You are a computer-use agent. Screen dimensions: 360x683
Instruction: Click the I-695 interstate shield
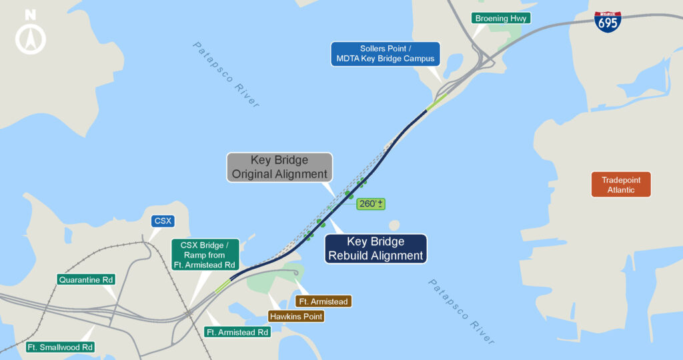pyautogui.click(x=608, y=21)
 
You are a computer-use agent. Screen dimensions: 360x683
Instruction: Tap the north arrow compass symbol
pyautogui.click(x=30, y=39)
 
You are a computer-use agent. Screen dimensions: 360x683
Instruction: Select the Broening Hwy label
pyautogui.click(x=501, y=18)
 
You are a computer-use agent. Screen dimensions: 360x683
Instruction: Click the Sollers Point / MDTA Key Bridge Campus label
pyautogui.click(x=386, y=53)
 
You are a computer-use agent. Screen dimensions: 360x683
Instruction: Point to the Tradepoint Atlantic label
pyautogui.click(x=621, y=185)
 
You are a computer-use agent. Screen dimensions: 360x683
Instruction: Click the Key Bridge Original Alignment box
pyautogui.click(x=279, y=167)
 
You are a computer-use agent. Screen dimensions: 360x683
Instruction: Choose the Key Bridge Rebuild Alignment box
pyautogui.click(x=376, y=249)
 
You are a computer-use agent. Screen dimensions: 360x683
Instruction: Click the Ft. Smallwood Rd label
pyautogui.click(x=60, y=347)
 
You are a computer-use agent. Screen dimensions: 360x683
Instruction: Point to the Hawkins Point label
pyautogui.click(x=296, y=317)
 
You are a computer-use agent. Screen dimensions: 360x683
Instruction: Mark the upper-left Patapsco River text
pyautogui.click(x=225, y=75)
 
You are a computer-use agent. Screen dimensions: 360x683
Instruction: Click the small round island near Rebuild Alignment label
pyautogui.click(x=394, y=225)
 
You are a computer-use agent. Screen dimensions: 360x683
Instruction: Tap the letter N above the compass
pyautogui.click(x=30, y=14)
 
